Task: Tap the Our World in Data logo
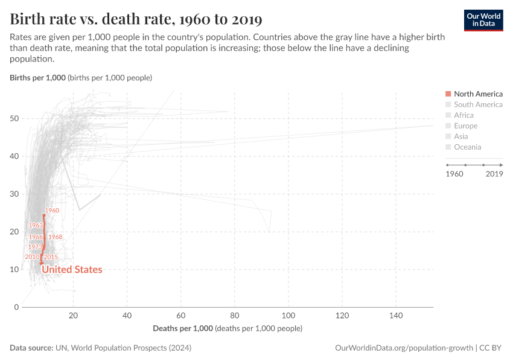click(483, 20)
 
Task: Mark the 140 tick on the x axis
click(396, 316)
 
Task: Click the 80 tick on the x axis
click(234, 316)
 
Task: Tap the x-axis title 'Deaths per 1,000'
click(183, 328)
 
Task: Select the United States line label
click(71, 270)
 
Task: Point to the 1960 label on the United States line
click(52, 211)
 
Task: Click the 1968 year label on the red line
click(55, 237)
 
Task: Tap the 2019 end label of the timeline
click(494, 174)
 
